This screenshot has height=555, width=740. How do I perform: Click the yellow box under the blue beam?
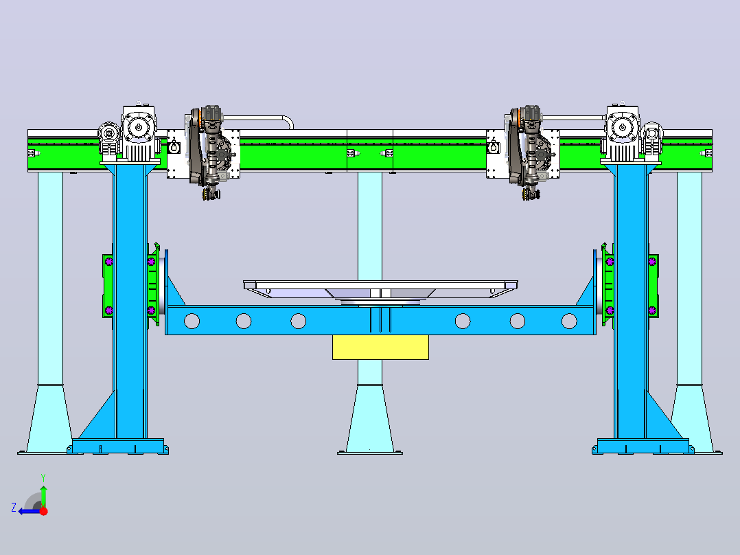[x=380, y=347]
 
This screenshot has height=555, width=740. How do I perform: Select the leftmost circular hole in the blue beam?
[x=192, y=321]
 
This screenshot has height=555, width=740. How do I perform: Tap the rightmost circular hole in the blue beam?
[x=569, y=321]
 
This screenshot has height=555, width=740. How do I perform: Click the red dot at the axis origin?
[x=43, y=511]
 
